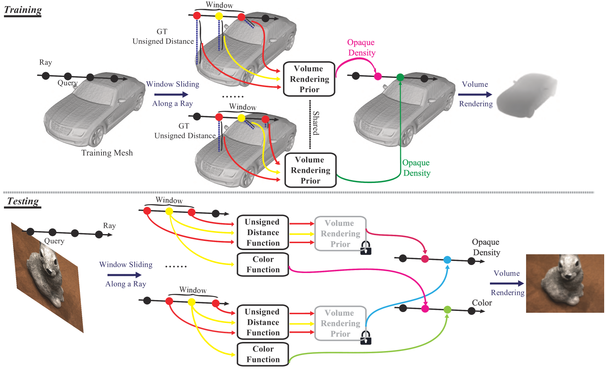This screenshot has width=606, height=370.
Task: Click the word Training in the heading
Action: (23, 10)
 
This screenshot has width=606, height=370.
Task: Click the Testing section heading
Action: (23, 201)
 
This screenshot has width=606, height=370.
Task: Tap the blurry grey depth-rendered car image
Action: (527, 95)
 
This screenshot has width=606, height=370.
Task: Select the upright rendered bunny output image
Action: (564, 283)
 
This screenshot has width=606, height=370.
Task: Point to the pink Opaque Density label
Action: (361, 47)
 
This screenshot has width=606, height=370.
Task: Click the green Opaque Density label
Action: (416, 168)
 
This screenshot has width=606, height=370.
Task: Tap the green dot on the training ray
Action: (400, 77)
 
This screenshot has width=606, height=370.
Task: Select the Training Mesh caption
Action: (107, 153)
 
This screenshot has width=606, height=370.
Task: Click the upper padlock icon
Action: (366, 248)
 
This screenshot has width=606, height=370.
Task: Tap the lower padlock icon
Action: (366, 338)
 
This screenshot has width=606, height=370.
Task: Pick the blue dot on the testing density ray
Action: (447, 260)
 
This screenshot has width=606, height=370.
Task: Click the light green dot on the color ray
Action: (447, 309)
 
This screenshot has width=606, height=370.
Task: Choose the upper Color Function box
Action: (263, 264)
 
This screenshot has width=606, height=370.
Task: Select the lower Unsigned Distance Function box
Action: (263, 322)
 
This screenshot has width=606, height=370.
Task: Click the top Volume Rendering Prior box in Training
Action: (309, 79)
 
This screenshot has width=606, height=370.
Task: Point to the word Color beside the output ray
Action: (482, 303)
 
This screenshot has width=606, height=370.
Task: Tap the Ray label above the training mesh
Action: (46, 62)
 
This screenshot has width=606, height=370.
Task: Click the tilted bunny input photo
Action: (47, 277)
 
